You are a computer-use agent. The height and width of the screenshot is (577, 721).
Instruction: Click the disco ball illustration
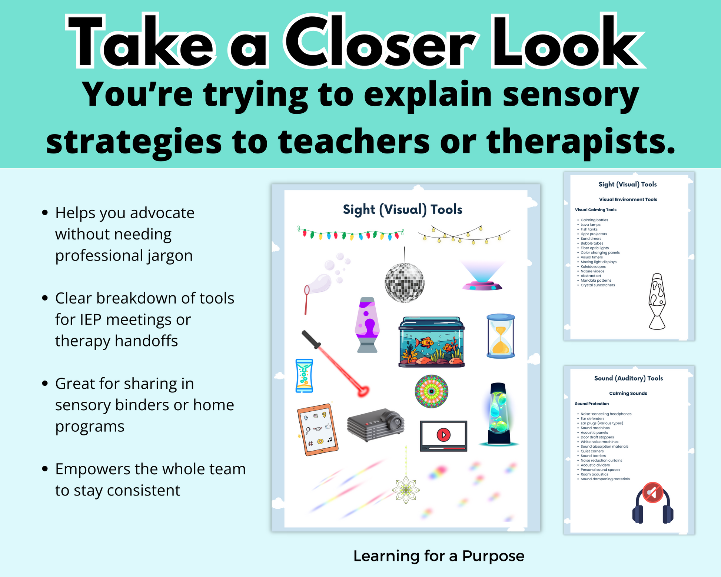pos(405,282)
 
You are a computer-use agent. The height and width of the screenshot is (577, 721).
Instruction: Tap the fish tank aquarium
pos(432,342)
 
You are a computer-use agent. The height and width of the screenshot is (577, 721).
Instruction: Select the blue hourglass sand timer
pos(501,336)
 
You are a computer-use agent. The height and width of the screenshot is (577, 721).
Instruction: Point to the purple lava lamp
pos(367,325)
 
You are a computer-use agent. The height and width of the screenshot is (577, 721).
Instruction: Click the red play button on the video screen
pos(443,434)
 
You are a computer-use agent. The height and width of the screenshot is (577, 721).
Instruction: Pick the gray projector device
pos(376,425)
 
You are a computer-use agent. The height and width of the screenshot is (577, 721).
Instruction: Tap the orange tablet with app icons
pos(318,430)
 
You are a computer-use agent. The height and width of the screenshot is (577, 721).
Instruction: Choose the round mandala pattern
pos(431,391)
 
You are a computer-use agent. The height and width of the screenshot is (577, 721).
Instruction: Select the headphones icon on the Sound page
pos(653,503)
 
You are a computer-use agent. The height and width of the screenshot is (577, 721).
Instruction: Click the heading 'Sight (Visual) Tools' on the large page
pos(403,210)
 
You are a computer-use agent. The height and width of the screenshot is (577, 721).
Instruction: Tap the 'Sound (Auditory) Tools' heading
pos(628,378)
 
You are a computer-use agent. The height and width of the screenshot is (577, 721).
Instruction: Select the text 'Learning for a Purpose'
pos(439,556)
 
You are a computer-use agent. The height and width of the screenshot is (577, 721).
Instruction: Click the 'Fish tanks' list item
pos(589,229)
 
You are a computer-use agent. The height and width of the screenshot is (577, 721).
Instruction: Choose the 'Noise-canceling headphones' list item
pos(606,414)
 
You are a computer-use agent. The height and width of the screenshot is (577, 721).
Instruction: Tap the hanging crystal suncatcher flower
pos(406,489)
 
